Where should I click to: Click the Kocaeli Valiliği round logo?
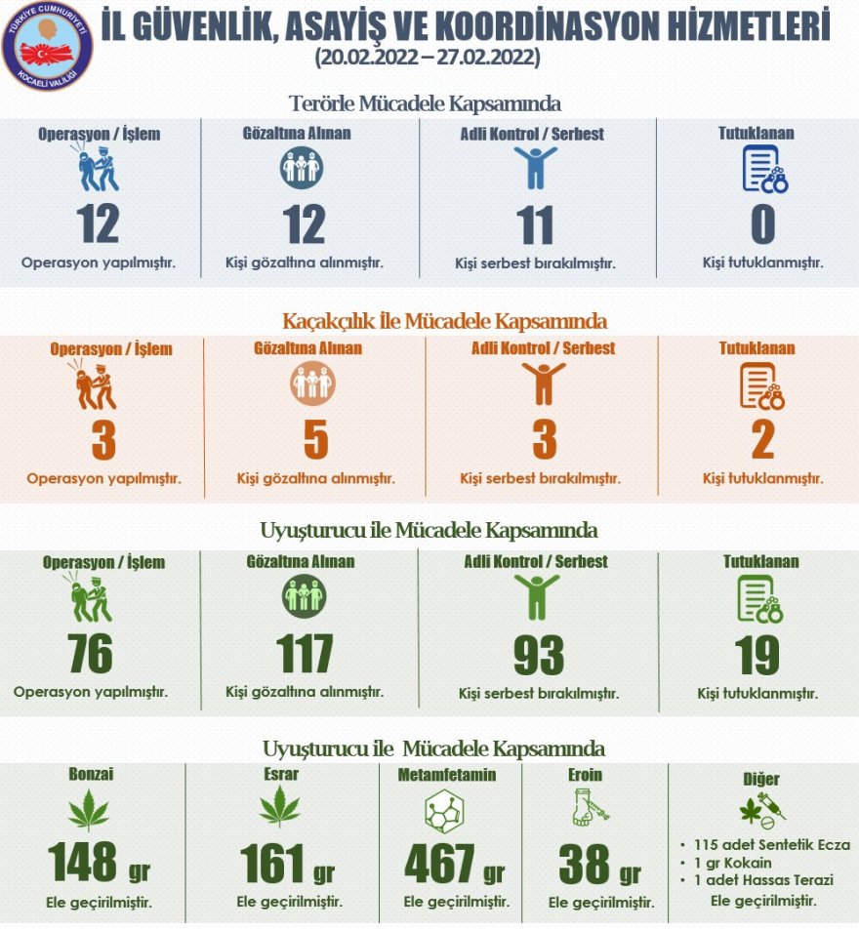47,47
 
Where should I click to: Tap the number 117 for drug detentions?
305,655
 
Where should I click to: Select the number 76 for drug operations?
91,655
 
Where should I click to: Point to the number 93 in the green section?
538,657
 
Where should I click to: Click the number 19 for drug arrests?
758,657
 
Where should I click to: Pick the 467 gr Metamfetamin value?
453,865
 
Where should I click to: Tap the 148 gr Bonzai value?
99,865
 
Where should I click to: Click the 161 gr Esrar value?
286,865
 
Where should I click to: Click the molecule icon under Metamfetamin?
444,810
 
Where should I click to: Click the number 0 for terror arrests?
762,225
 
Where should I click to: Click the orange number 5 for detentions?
315,440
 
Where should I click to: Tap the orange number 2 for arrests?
762,440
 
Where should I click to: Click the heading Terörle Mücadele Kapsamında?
426,103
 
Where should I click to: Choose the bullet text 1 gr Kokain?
732,863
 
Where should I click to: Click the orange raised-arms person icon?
542,383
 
